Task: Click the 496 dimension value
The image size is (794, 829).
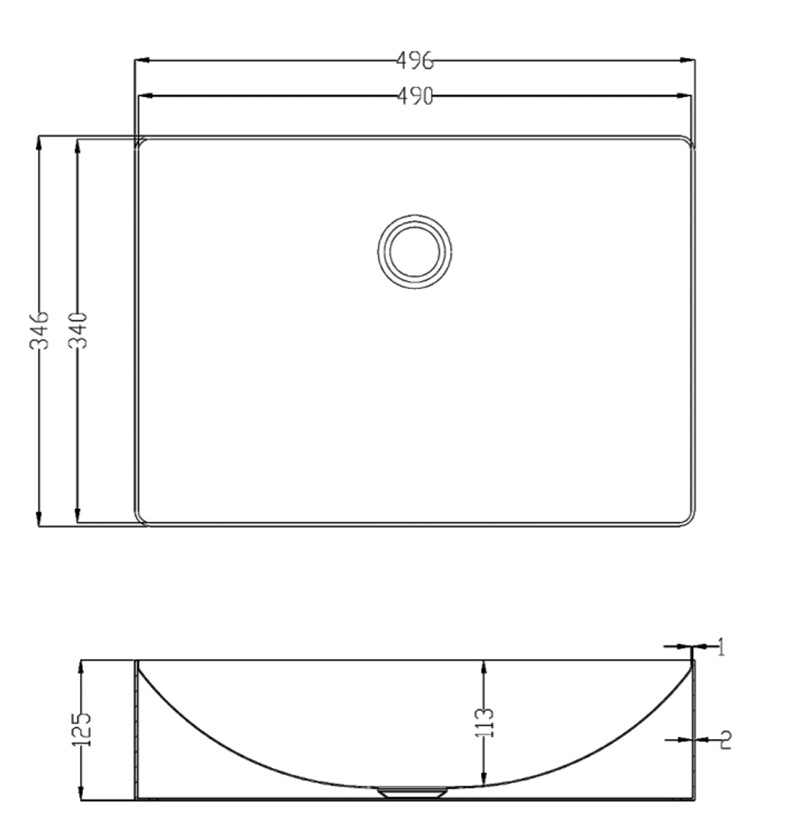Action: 413,60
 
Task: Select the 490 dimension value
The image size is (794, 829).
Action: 414,97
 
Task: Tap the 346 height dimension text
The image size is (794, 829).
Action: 39,330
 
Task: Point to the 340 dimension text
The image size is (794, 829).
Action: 77,330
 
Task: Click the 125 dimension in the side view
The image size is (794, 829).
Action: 83,729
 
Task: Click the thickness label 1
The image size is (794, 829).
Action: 720,648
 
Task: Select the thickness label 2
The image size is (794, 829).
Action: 724,740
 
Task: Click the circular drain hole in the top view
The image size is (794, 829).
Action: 414,251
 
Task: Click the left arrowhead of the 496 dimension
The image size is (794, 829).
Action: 140,60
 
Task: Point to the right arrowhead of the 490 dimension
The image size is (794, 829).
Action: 685,97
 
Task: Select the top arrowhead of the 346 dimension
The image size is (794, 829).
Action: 39,141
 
